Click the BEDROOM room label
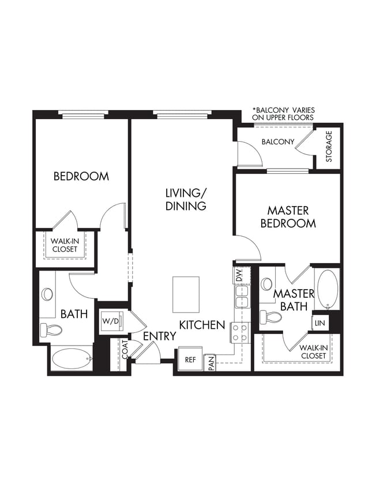[81, 176]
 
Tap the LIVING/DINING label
[186, 199]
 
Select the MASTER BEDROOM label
[288, 217]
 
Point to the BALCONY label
[278, 142]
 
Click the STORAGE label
[329, 147]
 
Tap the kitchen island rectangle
[186, 294]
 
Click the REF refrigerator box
[190, 359]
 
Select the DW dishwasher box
[239, 276]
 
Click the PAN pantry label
[211, 363]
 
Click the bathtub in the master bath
[326, 288]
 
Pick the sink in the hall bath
[47, 294]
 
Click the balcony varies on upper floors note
[283, 113]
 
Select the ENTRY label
[159, 336]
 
